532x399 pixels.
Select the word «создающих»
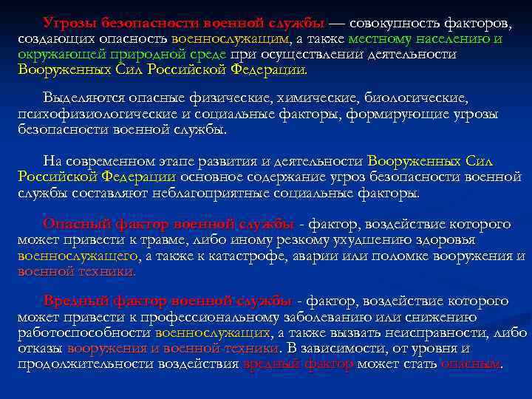click(50, 38)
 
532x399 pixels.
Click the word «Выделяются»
click(80, 98)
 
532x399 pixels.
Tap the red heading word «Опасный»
click(75, 223)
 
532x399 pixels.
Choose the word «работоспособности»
click(83, 332)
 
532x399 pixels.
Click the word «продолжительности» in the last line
click(95, 364)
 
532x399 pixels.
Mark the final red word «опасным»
click(470, 364)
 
